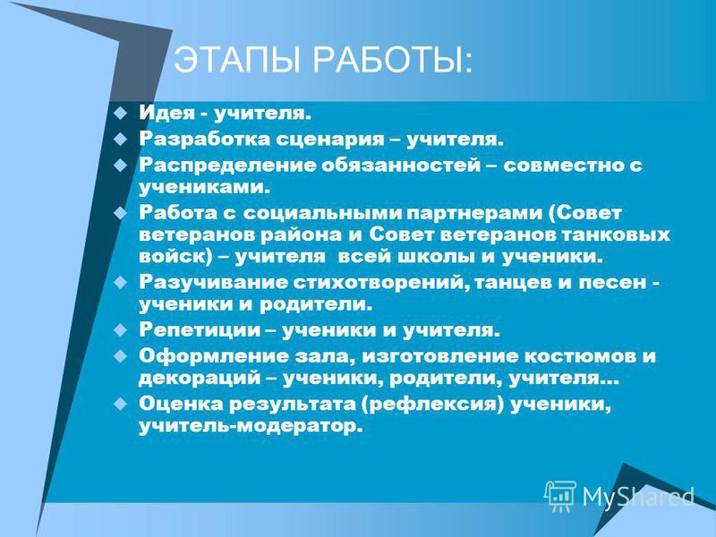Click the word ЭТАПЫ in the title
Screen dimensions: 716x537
click(x=237, y=59)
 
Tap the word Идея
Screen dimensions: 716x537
click(x=167, y=113)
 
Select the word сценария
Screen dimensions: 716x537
click(x=329, y=139)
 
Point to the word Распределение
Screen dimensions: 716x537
click(x=227, y=166)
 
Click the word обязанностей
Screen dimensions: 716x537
click(x=400, y=165)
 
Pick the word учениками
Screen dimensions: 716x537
click(x=202, y=187)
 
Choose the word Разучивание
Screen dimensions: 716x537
click(x=214, y=283)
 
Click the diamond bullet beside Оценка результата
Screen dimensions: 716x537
click(x=120, y=404)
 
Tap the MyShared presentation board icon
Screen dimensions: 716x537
click(x=560, y=496)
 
